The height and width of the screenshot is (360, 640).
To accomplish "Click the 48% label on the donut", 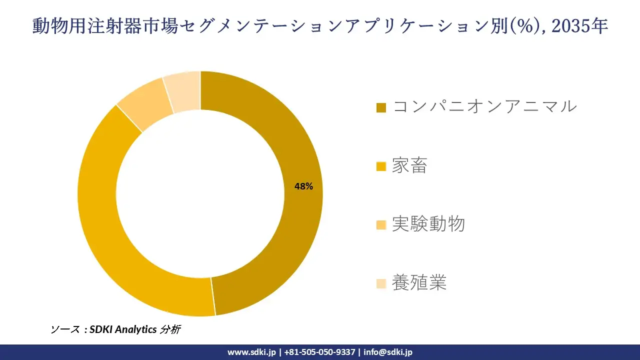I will point(303,186).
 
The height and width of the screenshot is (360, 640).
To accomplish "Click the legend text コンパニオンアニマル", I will point(484,106).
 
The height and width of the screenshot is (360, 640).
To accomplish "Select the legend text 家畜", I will point(409,165).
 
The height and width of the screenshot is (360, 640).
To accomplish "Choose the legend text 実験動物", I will point(428,224).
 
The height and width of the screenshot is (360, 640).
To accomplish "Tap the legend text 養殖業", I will point(419,283).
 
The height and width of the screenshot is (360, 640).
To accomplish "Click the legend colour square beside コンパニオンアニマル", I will point(381,107).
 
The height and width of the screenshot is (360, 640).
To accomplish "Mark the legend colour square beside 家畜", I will point(381,166).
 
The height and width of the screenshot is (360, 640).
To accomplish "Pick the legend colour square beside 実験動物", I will point(381,225).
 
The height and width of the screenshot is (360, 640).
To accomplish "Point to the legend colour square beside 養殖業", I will point(381,284).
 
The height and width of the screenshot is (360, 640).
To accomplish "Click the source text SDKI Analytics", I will point(122,329).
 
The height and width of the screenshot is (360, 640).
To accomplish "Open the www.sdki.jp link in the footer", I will point(251,352).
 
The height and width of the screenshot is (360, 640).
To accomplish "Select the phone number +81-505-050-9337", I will point(319,352).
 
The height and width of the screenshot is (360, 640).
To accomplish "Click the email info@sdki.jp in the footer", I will point(388,352).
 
